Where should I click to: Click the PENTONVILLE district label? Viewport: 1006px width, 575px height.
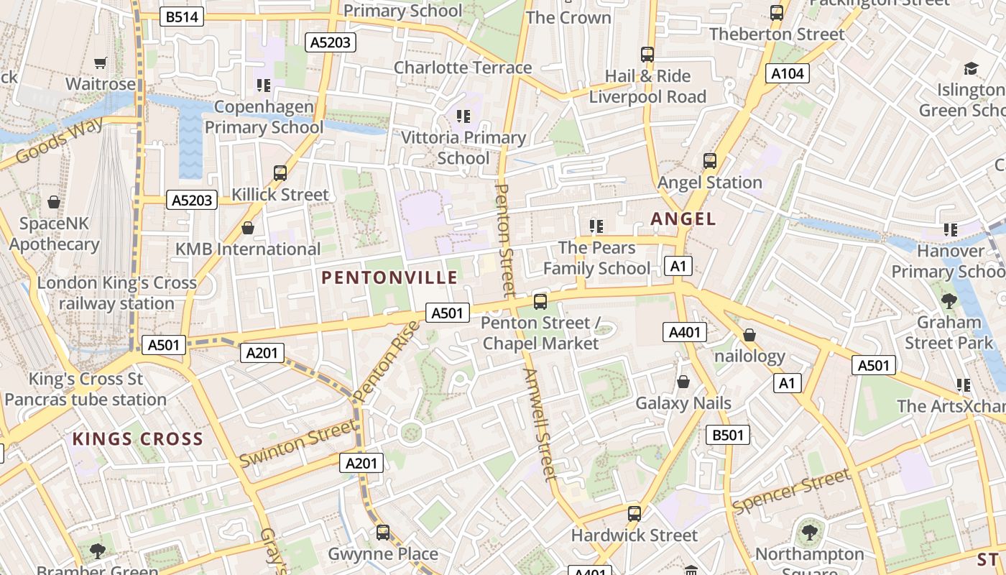(x=389, y=277)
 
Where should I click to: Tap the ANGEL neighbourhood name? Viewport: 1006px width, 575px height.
(x=683, y=219)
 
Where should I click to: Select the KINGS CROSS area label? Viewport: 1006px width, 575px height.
(x=137, y=438)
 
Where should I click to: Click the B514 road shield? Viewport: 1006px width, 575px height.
(x=181, y=17)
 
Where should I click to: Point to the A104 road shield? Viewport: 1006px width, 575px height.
(x=788, y=73)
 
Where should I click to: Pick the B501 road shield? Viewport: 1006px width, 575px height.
(x=728, y=435)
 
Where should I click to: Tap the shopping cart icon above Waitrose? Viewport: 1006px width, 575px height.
(x=100, y=63)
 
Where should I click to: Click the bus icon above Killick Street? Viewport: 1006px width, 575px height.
(x=280, y=173)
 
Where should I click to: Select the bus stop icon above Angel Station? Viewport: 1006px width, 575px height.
(x=710, y=161)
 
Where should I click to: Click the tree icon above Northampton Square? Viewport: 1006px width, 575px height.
(x=810, y=533)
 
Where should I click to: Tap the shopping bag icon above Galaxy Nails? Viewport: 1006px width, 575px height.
(x=683, y=382)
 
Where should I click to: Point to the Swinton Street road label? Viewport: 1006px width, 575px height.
(x=297, y=443)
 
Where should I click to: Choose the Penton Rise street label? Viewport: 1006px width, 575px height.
(x=387, y=362)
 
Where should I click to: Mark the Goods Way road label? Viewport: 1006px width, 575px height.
(x=59, y=141)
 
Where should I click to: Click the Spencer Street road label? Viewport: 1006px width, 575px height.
(x=791, y=492)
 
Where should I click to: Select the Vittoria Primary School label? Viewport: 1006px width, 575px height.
(x=463, y=147)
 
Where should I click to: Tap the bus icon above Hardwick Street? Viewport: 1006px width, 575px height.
(x=634, y=514)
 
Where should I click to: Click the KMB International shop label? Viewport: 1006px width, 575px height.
(x=248, y=249)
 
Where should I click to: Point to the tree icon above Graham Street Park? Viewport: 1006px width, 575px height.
(x=949, y=300)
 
